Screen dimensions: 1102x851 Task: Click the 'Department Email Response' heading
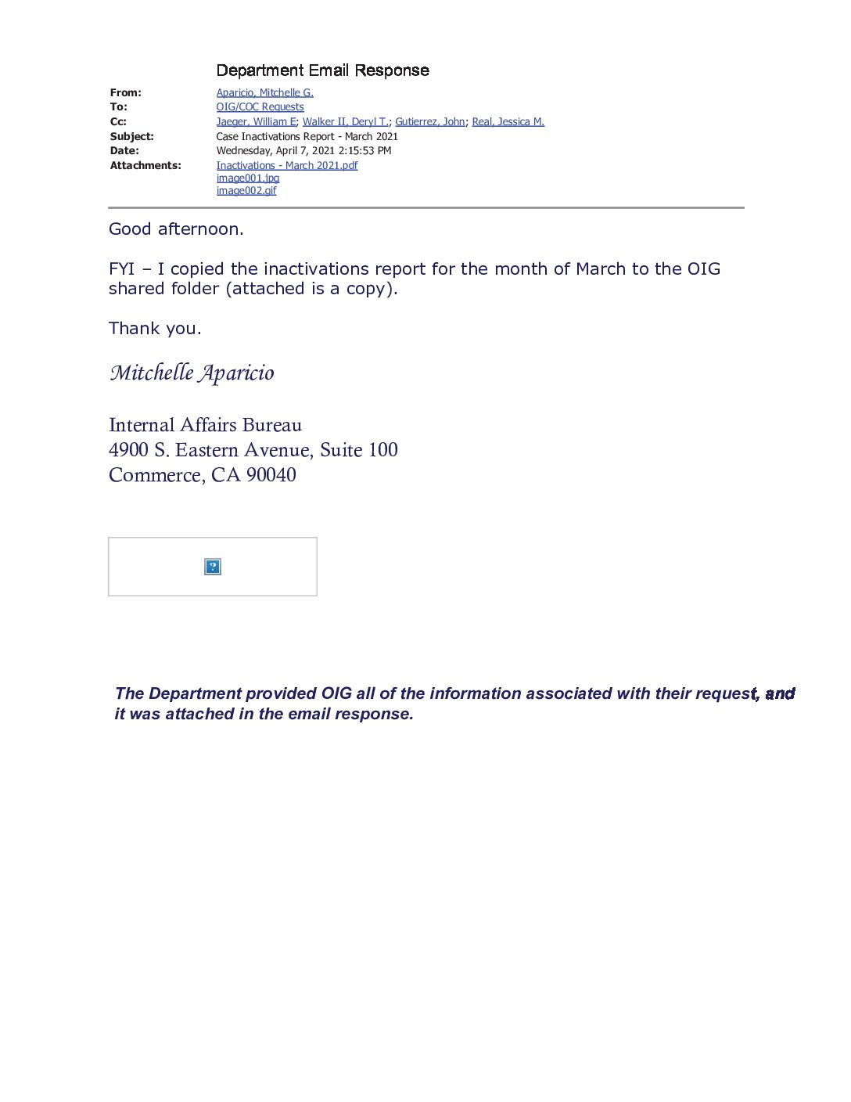point(322,70)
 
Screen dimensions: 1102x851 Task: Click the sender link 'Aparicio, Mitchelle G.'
point(264,92)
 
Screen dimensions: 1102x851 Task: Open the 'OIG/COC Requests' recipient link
point(260,107)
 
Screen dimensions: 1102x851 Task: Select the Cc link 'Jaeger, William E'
point(256,121)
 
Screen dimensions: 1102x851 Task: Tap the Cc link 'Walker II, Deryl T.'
point(345,121)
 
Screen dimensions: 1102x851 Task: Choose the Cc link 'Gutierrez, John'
point(429,121)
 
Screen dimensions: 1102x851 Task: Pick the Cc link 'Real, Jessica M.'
point(508,121)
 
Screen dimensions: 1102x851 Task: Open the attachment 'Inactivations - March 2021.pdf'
point(286,165)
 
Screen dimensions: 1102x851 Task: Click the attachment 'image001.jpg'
point(247,178)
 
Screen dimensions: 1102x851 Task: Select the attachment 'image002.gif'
point(246,191)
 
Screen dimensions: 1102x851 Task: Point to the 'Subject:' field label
point(131,136)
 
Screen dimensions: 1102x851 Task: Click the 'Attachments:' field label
point(145,165)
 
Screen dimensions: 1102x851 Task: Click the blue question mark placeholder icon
point(212,567)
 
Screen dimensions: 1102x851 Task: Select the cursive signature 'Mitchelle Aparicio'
point(192,373)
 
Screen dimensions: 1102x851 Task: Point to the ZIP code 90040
point(271,475)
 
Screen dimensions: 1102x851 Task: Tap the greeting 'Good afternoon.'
point(176,229)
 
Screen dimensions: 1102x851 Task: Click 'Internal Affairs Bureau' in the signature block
point(205,425)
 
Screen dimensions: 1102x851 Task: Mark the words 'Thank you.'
point(155,329)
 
